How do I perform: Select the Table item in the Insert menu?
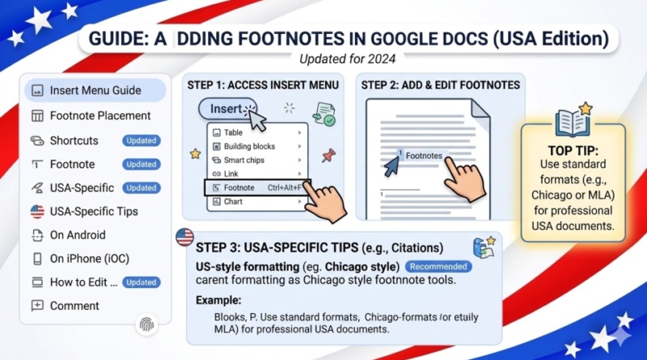pos(233,133)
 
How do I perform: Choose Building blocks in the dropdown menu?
pos(249,146)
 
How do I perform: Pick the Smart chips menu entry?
pos(243,160)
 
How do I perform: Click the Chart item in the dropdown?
pos(233,201)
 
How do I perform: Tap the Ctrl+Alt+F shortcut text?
pos(285,188)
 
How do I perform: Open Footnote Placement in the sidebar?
pos(99,116)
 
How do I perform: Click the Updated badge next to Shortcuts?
pos(141,141)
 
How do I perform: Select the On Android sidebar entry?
pos(78,235)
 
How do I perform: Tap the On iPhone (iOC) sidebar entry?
pos(89,259)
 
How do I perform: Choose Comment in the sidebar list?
pos(74,306)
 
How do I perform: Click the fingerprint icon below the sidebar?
pos(146,325)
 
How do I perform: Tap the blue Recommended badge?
pos(438,267)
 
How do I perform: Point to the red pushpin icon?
pos(328,155)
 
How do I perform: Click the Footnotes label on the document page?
pos(424,156)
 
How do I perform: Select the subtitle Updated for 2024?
pos(348,59)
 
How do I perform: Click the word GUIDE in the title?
pos(118,39)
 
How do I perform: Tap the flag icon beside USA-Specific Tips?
pos(37,211)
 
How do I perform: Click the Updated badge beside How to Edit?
pos(141,282)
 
